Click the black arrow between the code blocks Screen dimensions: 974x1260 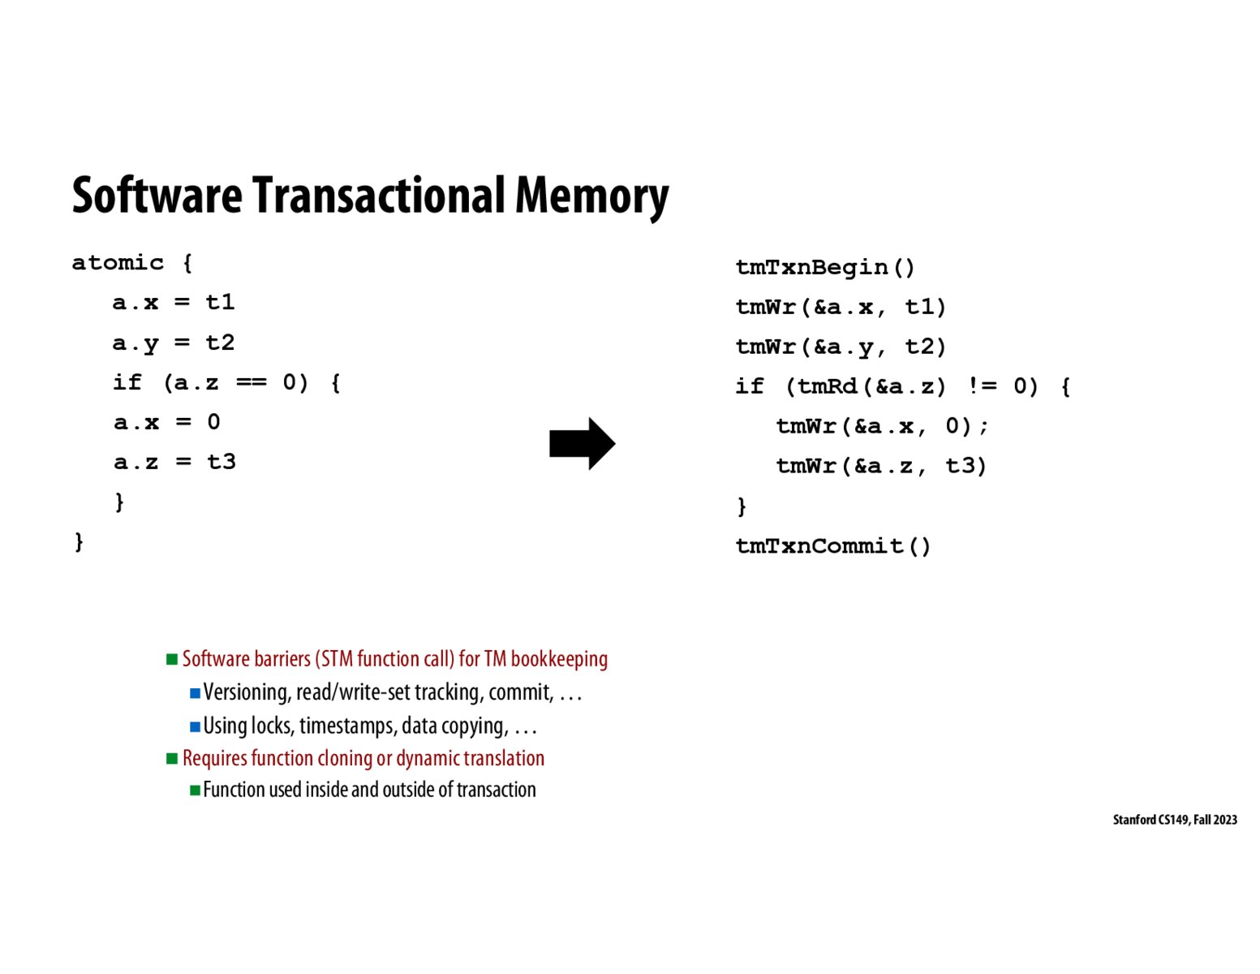coord(582,444)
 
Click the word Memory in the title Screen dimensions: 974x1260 coord(591,196)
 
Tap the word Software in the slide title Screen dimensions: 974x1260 coord(157,196)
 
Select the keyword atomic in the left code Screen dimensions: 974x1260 coord(118,263)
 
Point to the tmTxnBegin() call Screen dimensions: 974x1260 coord(825,267)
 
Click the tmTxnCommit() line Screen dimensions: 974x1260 coord(832,545)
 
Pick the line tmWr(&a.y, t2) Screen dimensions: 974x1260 coord(841,347)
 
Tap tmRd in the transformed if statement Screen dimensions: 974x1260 coord(828,386)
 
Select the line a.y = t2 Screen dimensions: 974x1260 coord(173,343)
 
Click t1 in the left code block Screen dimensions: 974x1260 coord(220,302)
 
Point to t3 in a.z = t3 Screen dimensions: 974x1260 coord(221,462)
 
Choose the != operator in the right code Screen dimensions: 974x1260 coord(983,386)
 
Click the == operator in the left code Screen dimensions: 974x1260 coord(251,382)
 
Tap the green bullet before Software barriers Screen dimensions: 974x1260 coord(172,659)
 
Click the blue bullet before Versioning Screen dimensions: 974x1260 coord(195,693)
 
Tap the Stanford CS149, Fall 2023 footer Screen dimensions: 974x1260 coord(1174,820)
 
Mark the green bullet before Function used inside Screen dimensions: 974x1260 coord(195,790)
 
